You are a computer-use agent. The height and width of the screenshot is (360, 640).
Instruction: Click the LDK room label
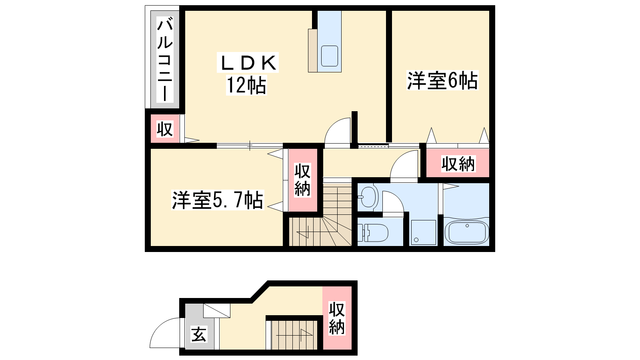point(248,62)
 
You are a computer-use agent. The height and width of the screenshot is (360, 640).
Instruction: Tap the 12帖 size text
point(246,85)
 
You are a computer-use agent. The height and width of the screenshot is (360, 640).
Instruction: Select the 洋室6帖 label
point(442,80)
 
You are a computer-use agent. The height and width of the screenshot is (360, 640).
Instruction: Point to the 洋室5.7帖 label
point(218,200)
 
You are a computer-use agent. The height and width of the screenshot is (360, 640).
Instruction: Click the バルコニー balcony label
point(165,60)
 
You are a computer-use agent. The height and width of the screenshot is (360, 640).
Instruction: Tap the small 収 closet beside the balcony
point(165,129)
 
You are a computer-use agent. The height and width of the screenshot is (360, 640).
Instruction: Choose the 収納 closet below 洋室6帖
point(458,164)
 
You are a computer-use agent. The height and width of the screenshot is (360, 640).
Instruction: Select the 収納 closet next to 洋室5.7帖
point(302,180)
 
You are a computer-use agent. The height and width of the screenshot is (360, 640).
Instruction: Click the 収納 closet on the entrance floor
point(337,318)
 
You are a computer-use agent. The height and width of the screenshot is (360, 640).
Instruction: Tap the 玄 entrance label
point(199,334)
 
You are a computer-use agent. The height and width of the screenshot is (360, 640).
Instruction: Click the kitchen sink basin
point(330,56)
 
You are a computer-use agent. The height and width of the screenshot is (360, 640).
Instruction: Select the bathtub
point(466,232)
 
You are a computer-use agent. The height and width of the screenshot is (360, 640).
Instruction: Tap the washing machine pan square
point(424,232)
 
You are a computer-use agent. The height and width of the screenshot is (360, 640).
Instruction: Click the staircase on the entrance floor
point(294,335)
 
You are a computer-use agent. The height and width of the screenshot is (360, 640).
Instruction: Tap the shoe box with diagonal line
point(217,310)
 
